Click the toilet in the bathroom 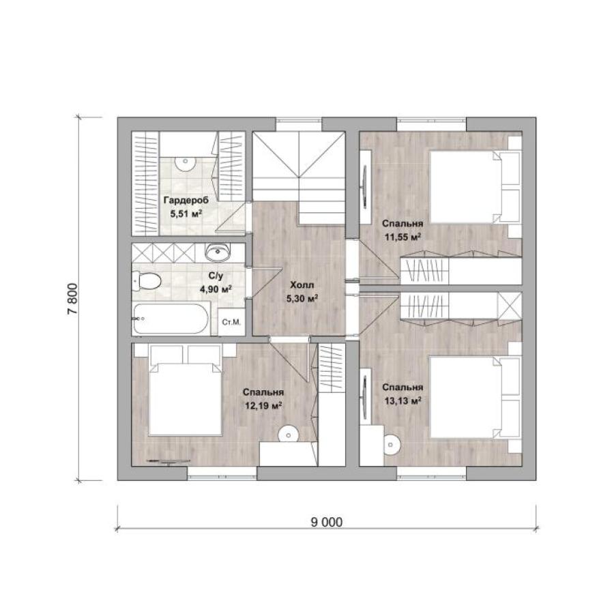coord(147,281)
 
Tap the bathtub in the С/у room coord(171,319)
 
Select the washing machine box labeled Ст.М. coord(231,322)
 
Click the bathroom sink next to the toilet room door coord(218,252)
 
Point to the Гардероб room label coord(186,200)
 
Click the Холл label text coord(302,284)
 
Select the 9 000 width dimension coord(327,522)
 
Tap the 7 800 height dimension coord(73,298)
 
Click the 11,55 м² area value coord(403,237)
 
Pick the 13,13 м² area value coord(403,400)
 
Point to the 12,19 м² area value coord(263,406)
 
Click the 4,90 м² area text coord(216,289)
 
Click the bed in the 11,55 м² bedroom coord(476,187)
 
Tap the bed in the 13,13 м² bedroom coord(476,396)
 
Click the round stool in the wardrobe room coord(185,162)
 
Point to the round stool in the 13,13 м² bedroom coord(391,444)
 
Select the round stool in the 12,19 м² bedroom coord(289,435)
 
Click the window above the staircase coord(299,123)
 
